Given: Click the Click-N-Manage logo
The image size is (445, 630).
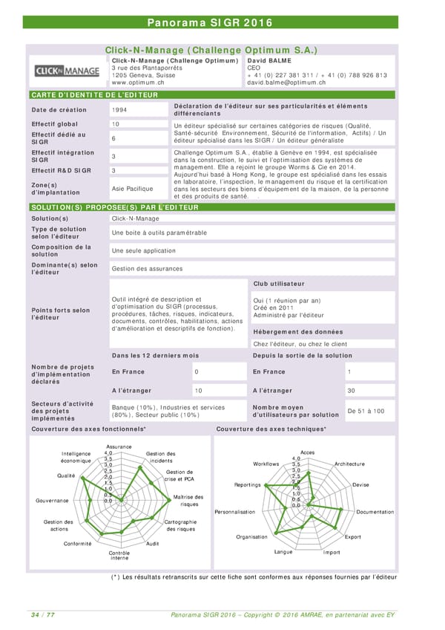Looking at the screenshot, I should pyautogui.click(x=67, y=72).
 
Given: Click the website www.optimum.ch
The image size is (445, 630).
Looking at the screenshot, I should pyautogui.click(x=137, y=82).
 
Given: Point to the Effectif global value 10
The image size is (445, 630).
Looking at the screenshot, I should pyautogui.click(x=116, y=123).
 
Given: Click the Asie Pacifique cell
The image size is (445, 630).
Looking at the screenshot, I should pyautogui.click(x=132, y=188).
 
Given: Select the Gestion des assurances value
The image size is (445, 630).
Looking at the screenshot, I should pyautogui.click(x=146, y=267).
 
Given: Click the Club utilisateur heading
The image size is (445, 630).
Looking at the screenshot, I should pyautogui.click(x=279, y=284).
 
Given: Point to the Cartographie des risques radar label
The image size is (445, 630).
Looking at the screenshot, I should pyautogui.click(x=181, y=525).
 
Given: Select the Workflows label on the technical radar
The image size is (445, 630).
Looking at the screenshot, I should pyautogui.click(x=266, y=464).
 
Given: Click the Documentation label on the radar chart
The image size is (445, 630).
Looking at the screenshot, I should pyautogui.click(x=375, y=512).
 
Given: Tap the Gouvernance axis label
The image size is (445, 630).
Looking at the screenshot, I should pyautogui.click(x=52, y=500).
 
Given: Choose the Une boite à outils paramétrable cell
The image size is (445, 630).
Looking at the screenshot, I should pyautogui.click(x=159, y=233).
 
